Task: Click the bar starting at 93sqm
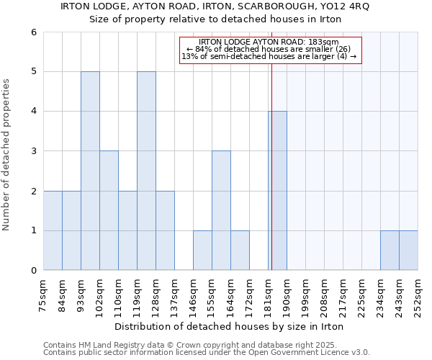[x=90, y=171]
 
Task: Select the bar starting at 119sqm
[x=146, y=171]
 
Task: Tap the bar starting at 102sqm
[x=109, y=210]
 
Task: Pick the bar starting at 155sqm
[x=221, y=210]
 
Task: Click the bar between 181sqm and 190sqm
[x=277, y=191]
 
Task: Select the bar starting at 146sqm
[x=202, y=251]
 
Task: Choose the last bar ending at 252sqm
[x=408, y=251]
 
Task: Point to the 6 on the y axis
[x=33, y=32]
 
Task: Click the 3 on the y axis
[x=33, y=151]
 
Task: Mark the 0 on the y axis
[x=33, y=271]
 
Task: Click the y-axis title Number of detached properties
[x=7, y=156]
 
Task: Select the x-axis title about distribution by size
[x=230, y=327]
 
